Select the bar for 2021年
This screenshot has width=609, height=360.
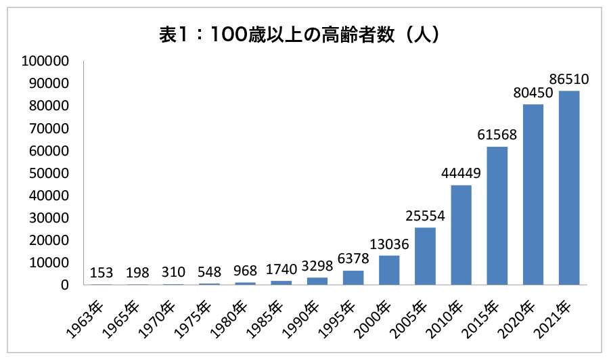coord(568,187)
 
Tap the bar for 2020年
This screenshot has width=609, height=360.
coord(533,194)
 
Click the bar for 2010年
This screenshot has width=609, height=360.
coord(461,235)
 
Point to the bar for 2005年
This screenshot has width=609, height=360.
coord(425,256)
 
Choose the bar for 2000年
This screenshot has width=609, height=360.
coord(389,270)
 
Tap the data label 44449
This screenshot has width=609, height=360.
coord(461,173)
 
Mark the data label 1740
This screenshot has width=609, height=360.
coord(281,269)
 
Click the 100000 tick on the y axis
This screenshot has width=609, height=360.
coord(45,61)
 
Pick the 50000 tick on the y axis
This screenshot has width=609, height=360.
coord(49,173)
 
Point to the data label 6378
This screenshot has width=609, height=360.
coord(353,258)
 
